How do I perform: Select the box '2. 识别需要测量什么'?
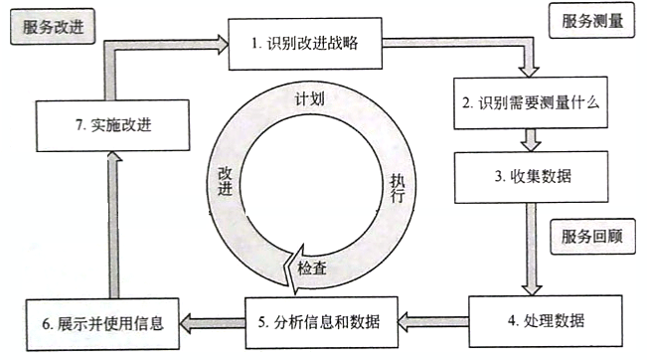[525, 101]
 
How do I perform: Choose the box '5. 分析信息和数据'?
[321, 318]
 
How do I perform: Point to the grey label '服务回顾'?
[589, 236]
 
